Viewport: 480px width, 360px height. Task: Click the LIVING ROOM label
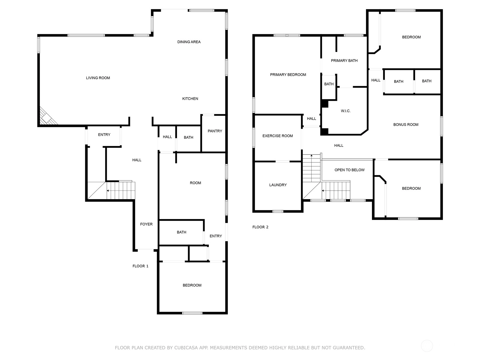click(98, 78)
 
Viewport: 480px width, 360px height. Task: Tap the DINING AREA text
click(189, 42)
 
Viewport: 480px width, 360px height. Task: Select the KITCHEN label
click(190, 99)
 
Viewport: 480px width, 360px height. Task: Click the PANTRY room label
click(215, 131)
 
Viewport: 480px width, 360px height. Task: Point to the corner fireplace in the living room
click(47, 117)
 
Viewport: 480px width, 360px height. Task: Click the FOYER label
click(146, 224)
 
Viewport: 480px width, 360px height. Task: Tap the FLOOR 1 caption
click(140, 266)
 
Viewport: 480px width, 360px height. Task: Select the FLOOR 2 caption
click(260, 227)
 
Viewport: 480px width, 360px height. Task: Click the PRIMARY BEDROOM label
click(288, 75)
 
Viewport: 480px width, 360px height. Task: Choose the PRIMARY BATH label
click(344, 61)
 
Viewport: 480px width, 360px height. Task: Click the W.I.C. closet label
click(346, 111)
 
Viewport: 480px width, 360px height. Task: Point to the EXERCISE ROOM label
click(277, 136)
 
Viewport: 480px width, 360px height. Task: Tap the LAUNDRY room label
click(278, 185)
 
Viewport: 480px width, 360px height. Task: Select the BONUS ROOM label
click(406, 124)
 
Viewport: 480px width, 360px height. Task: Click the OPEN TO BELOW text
click(349, 170)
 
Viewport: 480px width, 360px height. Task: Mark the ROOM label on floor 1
click(195, 183)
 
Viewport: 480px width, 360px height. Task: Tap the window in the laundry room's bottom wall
click(278, 211)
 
